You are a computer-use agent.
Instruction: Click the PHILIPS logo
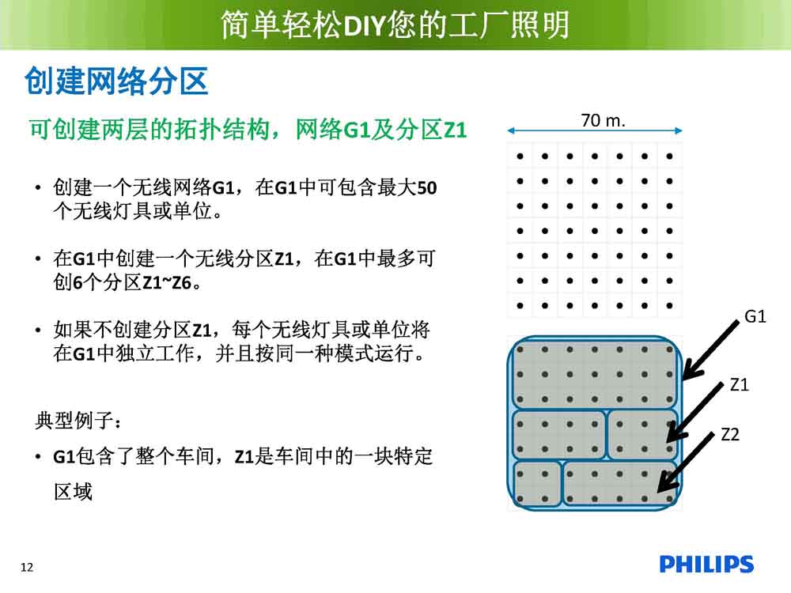pyautogui.click(x=706, y=565)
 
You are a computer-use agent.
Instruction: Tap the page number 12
pyautogui.click(x=27, y=567)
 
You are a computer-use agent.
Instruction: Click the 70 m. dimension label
pyautogui.click(x=603, y=120)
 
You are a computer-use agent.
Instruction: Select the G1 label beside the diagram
pyautogui.click(x=755, y=317)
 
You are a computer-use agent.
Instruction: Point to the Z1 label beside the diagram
pyautogui.click(x=739, y=385)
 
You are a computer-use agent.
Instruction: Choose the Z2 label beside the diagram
pyautogui.click(x=730, y=434)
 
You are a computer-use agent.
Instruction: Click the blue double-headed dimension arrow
pyautogui.click(x=595, y=130)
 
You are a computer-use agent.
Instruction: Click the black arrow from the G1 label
pyautogui.click(x=710, y=350)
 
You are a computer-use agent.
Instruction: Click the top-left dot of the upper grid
pyautogui.click(x=520, y=157)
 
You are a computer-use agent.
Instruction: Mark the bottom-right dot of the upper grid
pyautogui.click(x=669, y=305)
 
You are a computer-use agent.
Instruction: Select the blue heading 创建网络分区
pyautogui.click(x=116, y=81)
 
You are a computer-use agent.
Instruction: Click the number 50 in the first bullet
pyautogui.click(x=427, y=188)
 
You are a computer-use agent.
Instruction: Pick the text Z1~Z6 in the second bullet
pyautogui.click(x=167, y=283)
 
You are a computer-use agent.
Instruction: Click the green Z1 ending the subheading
pyautogui.click(x=455, y=130)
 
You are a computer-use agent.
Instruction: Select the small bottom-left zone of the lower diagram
pyautogui.click(x=537, y=484)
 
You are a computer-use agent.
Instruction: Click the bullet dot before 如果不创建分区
pyautogui.click(x=38, y=330)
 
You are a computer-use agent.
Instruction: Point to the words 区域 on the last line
pyautogui.click(x=73, y=492)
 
